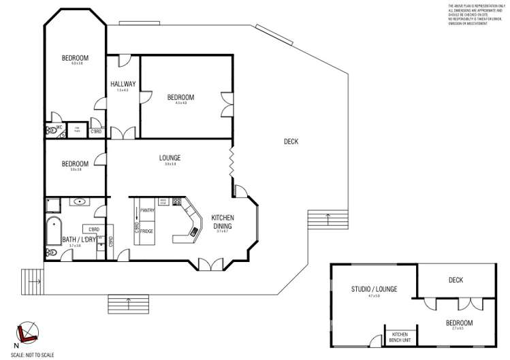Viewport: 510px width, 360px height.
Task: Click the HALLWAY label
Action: pyautogui.click(x=123, y=84)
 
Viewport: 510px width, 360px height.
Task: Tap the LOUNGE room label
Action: pyautogui.click(x=170, y=158)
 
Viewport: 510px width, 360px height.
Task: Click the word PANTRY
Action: pyautogui.click(x=148, y=210)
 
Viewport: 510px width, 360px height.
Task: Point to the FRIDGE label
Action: pyautogui.click(x=146, y=232)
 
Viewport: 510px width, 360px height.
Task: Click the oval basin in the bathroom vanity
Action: pyautogui.click(x=80, y=202)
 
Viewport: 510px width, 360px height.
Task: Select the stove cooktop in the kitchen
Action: pyautogui.click(x=178, y=201)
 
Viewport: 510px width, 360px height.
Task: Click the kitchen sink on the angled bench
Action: pyautogui.click(x=195, y=232)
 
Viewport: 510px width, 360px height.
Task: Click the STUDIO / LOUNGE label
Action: pyautogui.click(x=374, y=289)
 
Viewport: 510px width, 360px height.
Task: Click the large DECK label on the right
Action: pyautogui.click(x=291, y=142)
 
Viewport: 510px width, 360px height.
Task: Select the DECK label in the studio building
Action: pyautogui.click(x=456, y=279)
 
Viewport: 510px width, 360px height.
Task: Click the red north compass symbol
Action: pyautogui.click(x=25, y=331)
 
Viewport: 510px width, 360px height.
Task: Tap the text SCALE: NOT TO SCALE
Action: pyautogui.click(x=27, y=355)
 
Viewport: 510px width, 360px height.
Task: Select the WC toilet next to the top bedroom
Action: pyautogui.click(x=50, y=129)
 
